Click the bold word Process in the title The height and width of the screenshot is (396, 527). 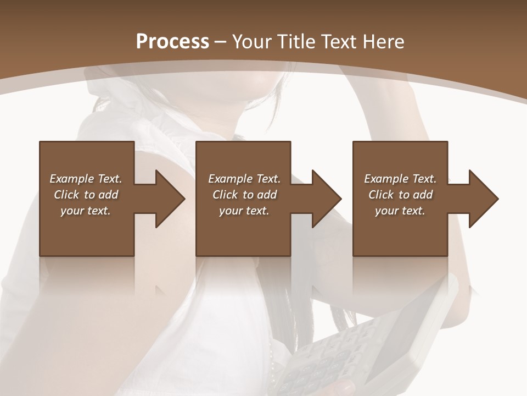(172, 42)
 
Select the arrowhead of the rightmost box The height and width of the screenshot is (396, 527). (483, 199)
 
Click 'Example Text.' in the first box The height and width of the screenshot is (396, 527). (86, 179)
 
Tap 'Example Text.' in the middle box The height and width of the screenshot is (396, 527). (244, 179)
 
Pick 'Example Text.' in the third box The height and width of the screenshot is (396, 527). (400, 179)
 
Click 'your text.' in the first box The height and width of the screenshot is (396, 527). (86, 211)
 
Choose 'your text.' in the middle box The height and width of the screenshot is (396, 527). (244, 211)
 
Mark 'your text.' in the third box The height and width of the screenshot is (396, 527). (400, 211)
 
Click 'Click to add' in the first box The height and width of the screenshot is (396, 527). (86, 195)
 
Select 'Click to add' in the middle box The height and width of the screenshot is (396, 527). (244, 195)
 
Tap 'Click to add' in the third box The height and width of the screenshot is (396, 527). (400, 195)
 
